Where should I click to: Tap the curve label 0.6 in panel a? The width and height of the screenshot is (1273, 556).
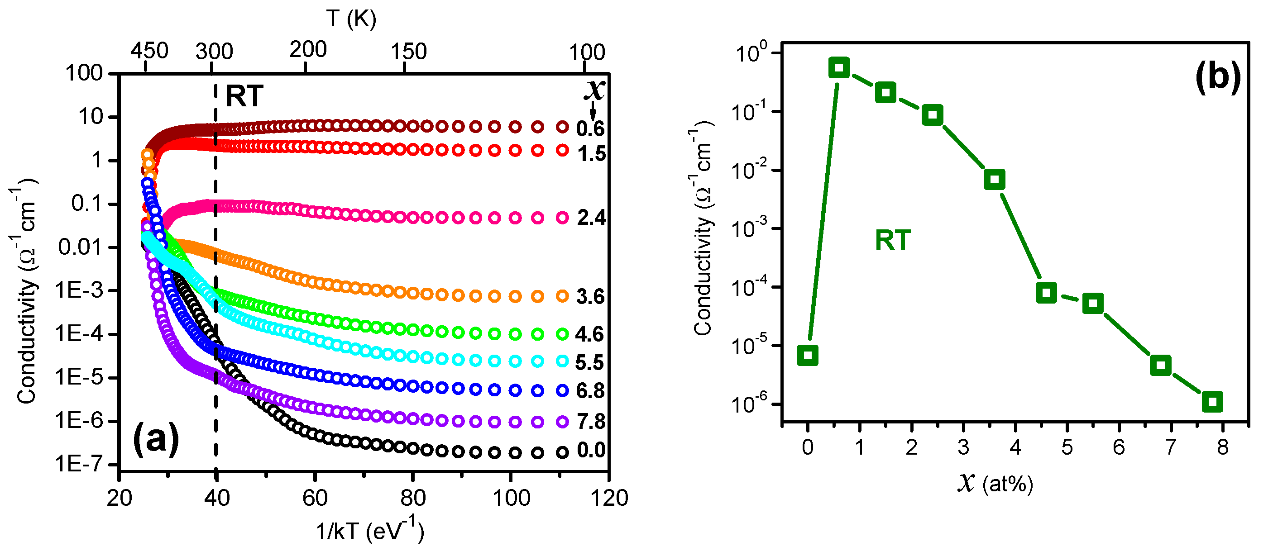click(590, 129)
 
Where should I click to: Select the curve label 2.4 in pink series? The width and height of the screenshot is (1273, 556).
click(591, 218)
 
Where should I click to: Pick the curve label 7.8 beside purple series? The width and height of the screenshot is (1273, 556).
click(591, 422)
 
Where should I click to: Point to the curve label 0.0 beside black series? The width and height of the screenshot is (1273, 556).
click(591, 450)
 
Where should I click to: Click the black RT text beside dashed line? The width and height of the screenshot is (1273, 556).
click(244, 96)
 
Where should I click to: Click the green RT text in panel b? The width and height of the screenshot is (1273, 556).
click(892, 241)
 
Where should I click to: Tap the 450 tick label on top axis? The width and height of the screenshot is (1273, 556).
click(149, 51)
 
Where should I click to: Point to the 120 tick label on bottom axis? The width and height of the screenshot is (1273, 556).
click(609, 498)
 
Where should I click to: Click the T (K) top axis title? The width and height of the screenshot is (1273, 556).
click(351, 19)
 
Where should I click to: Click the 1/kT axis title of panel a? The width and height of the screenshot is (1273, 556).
click(370, 530)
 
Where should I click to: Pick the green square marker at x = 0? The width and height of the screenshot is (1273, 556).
click(808, 355)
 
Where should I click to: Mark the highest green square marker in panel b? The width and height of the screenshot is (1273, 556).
click(838, 68)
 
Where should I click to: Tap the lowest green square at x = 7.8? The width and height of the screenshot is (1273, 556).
click(1212, 401)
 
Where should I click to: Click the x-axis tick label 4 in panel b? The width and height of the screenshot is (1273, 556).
click(1015, 447)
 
